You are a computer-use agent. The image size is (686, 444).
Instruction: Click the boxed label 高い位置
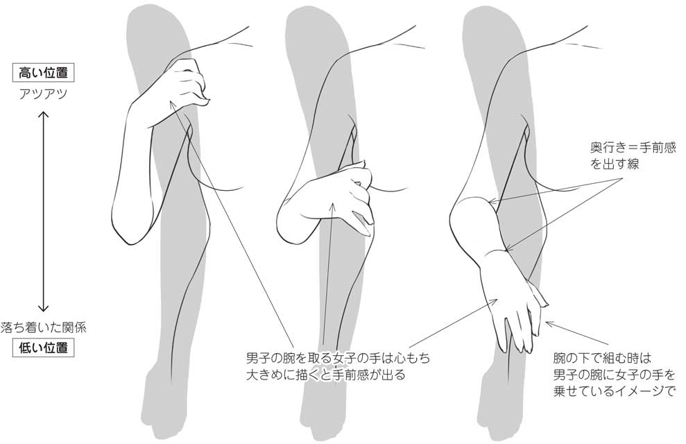(x=43, y=72)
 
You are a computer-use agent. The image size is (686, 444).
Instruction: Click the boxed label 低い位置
(x=43, y=347)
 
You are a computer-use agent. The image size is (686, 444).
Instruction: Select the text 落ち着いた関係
(x=43, y=325)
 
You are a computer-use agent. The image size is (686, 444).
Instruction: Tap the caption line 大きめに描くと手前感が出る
(x=325, y=375)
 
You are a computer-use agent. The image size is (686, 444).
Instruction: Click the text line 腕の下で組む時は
(x=603, y=359)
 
